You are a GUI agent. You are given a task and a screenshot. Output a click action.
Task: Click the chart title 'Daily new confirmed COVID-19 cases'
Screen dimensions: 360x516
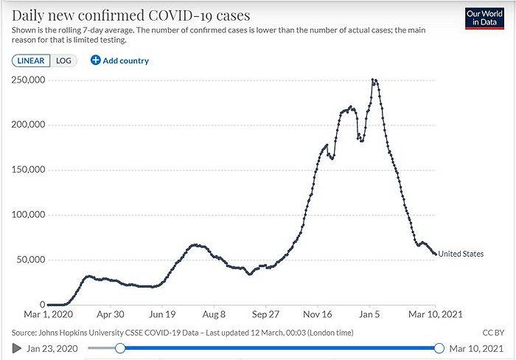[x=130, y=15]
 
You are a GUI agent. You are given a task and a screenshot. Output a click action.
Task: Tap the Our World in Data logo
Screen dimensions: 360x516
[x=484, y=18]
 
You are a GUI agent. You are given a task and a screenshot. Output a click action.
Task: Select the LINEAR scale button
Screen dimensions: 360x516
[x=31, y=60]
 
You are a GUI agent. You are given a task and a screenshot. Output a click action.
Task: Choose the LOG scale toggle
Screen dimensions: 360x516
[x=63, y=60]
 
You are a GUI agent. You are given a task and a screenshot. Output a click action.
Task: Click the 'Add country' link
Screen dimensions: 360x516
[x=119, y=60]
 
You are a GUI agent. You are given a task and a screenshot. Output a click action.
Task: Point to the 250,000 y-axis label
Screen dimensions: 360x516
[x=29, y=80]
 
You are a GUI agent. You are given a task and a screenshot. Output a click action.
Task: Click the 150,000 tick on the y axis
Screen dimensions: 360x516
[x=29, y=170]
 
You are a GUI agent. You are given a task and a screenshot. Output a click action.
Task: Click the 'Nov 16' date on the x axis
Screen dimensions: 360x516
[x=318, y=313]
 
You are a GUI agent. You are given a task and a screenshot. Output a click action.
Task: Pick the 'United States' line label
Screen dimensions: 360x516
[x=461, y=254]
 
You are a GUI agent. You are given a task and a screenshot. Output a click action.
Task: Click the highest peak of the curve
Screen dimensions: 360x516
[x=375, y=80]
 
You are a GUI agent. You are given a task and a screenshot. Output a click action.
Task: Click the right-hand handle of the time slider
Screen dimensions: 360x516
[x=439, y=347]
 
